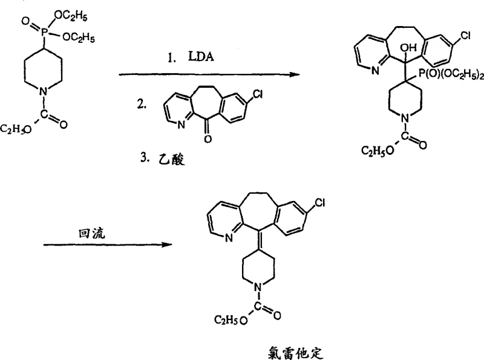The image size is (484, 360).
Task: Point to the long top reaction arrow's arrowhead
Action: [x=295, y=74]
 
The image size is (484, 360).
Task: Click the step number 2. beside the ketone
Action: [x=141, y=104]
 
